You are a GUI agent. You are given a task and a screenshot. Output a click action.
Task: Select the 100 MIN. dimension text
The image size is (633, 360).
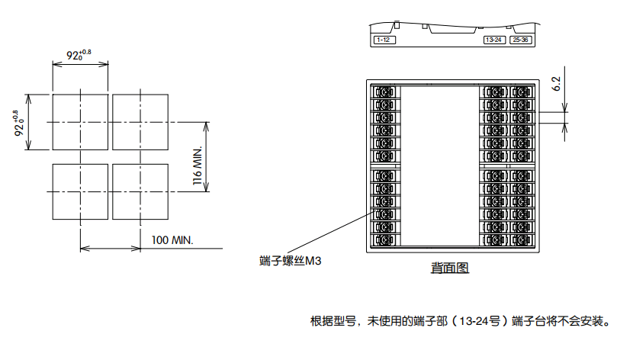click(172, 240)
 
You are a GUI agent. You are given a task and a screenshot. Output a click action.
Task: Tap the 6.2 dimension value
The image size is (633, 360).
click(556, 83)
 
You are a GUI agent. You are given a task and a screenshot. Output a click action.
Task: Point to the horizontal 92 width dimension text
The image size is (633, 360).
click(79, 54)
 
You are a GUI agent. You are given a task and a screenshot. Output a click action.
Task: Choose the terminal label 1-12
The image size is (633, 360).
click(383, 40)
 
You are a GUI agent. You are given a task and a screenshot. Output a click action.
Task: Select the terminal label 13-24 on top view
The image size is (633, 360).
click(493, 40)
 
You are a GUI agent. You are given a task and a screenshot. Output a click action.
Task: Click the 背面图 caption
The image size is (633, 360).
click(449, 268)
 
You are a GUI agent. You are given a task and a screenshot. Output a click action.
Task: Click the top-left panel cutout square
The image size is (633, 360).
click(79, 122)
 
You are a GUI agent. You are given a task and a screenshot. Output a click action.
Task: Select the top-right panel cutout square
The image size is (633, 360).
click(140, 122)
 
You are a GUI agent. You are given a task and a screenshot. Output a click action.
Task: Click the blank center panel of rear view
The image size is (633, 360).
click(439, 165)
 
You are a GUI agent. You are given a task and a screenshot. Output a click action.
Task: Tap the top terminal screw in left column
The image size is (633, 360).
click(385, 92)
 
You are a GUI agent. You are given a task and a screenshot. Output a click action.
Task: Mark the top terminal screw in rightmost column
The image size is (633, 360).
click(521, 92)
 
